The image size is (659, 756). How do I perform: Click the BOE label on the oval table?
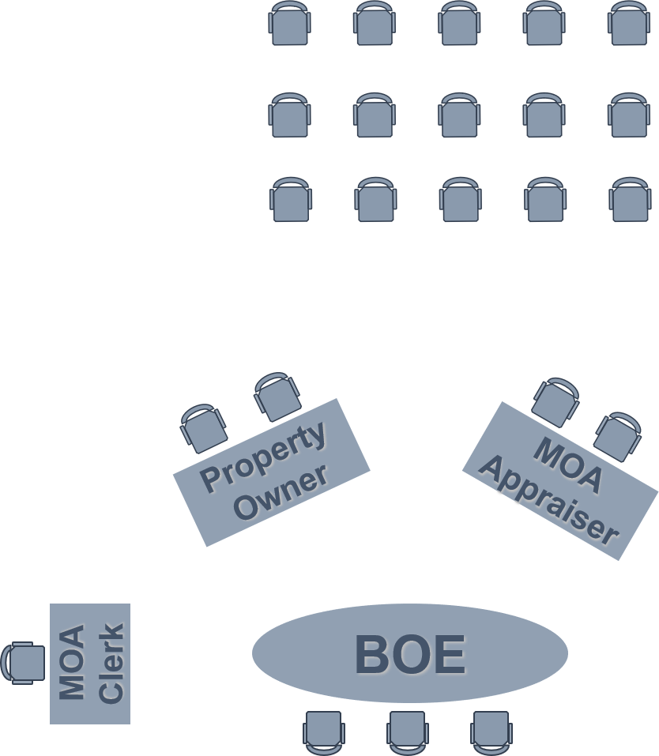[x=412, y=655]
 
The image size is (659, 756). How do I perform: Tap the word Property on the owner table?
[x=265, y=457]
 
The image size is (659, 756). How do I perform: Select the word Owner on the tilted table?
[x=282, y=494]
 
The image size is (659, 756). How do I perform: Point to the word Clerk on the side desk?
[x=113, y=662]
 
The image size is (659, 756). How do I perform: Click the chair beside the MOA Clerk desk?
[x=23, y=663]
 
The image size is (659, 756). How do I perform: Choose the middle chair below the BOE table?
[x=407, y=732]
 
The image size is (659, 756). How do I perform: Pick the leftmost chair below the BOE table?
[x=323, y=732]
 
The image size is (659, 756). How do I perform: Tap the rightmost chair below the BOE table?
[x=491, y=732]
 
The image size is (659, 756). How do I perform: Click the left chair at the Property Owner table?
[x=204, y=427]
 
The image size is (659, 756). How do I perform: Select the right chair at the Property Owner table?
[x=277, y=396]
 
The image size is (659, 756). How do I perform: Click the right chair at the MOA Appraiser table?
[x=617, y=435]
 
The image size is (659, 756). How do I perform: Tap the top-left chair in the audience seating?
[x=289, y=23]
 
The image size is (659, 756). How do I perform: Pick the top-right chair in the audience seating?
[x=629, y=23]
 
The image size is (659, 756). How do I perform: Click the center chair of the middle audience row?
[x=459, y=115]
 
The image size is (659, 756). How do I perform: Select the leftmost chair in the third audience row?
[x=291, y=199]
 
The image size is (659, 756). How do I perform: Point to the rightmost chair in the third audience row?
[x=630, y=199]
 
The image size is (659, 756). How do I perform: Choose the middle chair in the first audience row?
[x=459, y=23]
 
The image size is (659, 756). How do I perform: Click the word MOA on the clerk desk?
[x=73, y=662]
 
